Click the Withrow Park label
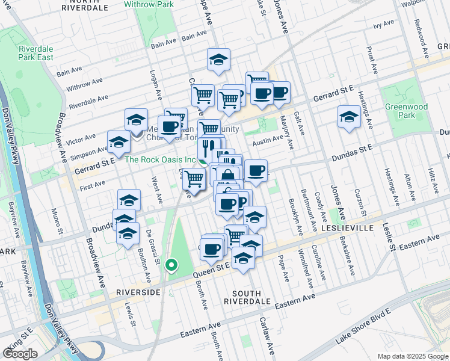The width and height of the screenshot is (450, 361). pos(149,4)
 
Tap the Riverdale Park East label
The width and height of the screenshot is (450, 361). pos(35,53)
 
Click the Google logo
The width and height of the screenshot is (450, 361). pos(20,354)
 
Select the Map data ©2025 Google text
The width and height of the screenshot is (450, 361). pos(413,356)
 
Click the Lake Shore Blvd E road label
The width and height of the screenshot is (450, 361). pos(363,328)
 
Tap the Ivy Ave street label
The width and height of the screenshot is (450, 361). pos(383,25)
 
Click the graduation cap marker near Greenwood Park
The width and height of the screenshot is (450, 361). pos(348,117)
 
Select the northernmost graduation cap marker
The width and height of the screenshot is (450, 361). pos(218,59)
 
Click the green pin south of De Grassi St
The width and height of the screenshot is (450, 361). pos(171,264)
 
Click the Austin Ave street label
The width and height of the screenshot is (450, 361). pos(268,141)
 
